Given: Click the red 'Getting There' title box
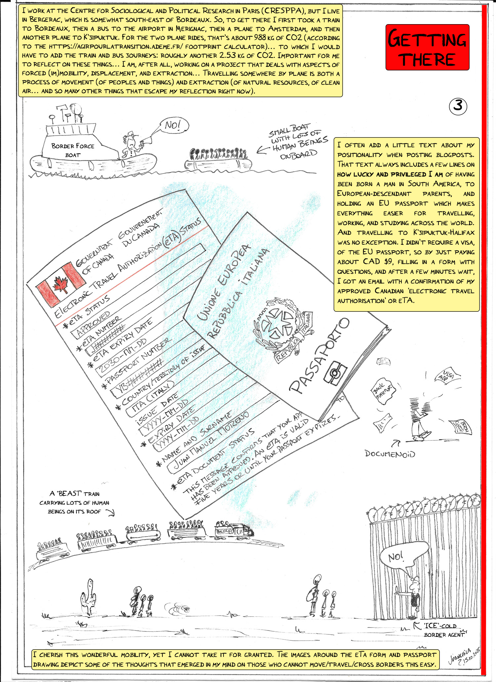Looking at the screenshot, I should point(427,47).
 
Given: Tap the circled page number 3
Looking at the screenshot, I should point(458,106).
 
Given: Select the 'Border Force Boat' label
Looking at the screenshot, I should point(73,150).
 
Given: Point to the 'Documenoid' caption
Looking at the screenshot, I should point(390,454).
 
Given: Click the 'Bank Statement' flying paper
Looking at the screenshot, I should point(384,393).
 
